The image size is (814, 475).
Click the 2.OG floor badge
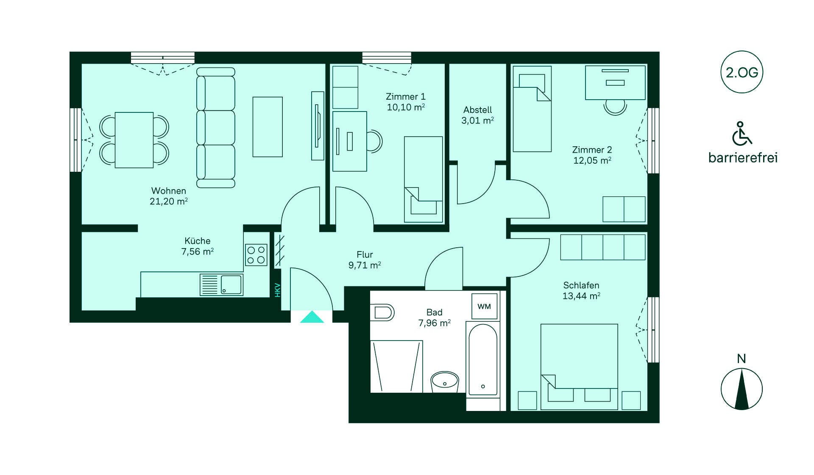[x=742, y=72]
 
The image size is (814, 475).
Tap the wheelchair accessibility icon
[x=742, y=133]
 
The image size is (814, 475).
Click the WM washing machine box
[x=484, y=306]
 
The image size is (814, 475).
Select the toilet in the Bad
[x=382, y=313]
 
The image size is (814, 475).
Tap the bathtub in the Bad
[x=483, y=360]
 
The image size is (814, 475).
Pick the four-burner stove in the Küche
[x=256, y=255]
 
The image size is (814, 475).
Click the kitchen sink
[x=221, y=285]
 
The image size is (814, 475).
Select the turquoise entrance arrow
[x=312, y=317]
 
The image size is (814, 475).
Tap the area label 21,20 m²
[x=169, y=201]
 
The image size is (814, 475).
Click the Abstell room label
[x=478, y=110]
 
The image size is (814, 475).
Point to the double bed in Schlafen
[x=579, y=367]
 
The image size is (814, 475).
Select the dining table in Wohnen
[x=134, y=140]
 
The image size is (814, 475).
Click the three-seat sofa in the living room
[x=216, y=128]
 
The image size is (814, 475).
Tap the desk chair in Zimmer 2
[x=615, y=107]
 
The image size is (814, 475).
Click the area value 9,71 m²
[x=365, y=265]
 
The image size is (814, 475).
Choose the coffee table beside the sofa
[x=268, y=127]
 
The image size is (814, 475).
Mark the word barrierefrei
[x=743, y=158]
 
